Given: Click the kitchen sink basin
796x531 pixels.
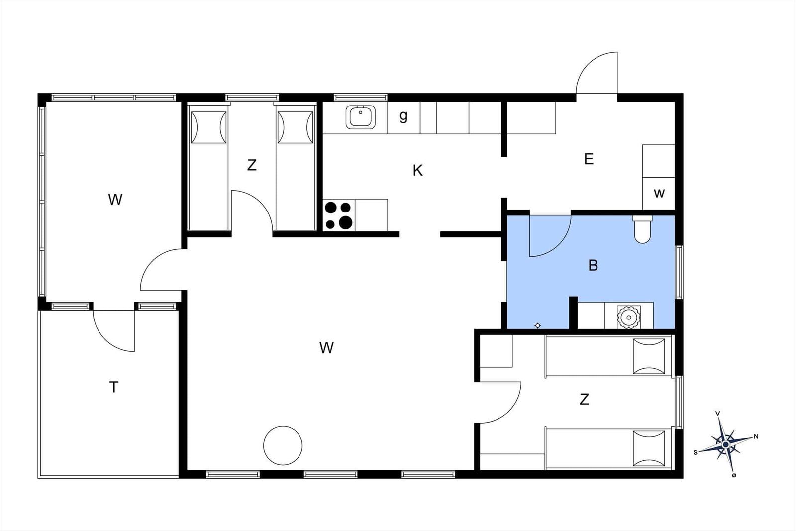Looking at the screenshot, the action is pyautogui.click(x=360, y=117).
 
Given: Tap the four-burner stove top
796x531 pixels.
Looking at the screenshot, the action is pyautogui.click(x=339, y=215).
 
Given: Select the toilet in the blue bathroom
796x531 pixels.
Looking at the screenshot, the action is pyautogui.click(x=642, y=229).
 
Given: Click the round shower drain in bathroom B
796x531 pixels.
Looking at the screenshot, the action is pyautogui.click(x=629, y=317).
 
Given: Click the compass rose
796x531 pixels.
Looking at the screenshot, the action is pyautogui.click(x=726, y=444).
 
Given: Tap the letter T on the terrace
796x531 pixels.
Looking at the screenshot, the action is pyautogui.click(x=114, y=387).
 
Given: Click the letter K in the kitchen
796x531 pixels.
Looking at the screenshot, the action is pyautogui.click(x=418, y=171).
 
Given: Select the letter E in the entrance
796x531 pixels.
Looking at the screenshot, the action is pyautogui.click(x=589, y=159).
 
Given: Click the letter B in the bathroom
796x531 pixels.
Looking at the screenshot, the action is pyautogui.click(x=593, y=265).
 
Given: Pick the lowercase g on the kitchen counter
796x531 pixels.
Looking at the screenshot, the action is pyautogui.click(x=403, y=116).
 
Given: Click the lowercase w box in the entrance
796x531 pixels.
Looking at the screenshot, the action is pyautogui.click(x=659, y=194).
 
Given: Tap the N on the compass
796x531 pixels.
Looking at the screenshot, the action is pyautogui.click(x=756, y=437).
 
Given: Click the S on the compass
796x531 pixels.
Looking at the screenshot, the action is pyautogui.click(x=696, y=453).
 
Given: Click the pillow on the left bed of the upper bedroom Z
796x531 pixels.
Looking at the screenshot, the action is pyautogui.click(x=208, y=127).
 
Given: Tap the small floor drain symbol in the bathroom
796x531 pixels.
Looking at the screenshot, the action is pyautogui.click(x=538, y=326).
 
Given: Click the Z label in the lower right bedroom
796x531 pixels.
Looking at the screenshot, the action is pyautogui.click(x=584, y=400).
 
